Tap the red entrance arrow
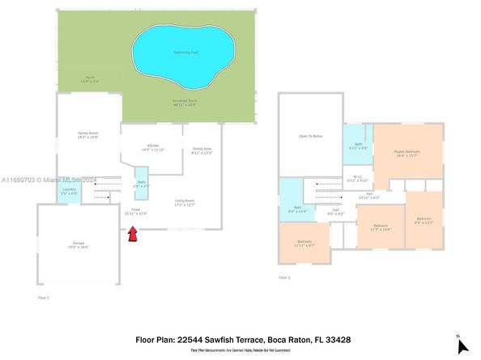point(132,235)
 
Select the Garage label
point(79,244)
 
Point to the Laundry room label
point(70,192)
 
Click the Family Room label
point(87,134)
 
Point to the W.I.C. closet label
point(357,178)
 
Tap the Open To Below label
point(310,137)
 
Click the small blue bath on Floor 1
point(142,184)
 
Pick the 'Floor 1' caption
point(44,299)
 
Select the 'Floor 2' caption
point(284,277)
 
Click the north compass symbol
point(462,345)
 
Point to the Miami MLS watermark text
point(37,180)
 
